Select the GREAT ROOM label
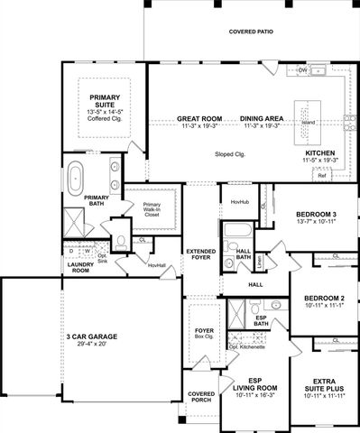(198, 119)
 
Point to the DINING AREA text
(263, 119)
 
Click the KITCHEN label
(320, 154)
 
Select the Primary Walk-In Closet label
(152, 210)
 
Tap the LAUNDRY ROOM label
(81, 267)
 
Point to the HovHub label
(239, 202)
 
